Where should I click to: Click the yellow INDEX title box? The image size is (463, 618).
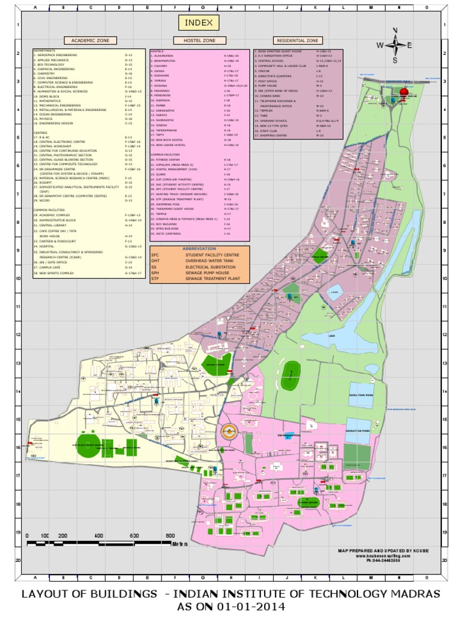198,23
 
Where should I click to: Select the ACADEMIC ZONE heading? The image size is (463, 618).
90,40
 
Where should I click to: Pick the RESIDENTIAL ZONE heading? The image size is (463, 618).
297,40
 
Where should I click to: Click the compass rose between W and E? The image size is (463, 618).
395,45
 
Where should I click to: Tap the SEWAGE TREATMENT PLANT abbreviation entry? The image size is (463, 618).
213,279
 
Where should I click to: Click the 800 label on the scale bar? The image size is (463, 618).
170,535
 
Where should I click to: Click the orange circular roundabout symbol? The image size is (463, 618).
227,431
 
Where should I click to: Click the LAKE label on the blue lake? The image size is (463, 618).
330,335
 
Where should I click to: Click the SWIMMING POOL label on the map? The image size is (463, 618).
289,435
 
